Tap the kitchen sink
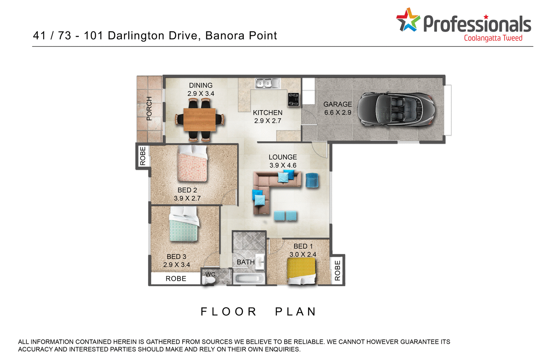(x=267, y=84)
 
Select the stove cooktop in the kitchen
(x=293, y=99)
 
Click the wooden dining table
(x=200, y=120)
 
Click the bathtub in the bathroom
(x=249, y=278)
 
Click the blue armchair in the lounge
(x=312, y=180)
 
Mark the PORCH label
(x=149, y=108)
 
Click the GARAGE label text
(x=337, y=104)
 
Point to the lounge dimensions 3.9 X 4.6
(x=283, y=166)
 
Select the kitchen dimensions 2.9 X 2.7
(x=267, y=121)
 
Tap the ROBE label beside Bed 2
(x=143, y=156)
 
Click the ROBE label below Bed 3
(x=176, y=279)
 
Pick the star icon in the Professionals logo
(x=408, y=20)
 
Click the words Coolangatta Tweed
(x=493, y=38)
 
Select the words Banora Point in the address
(x=241, y=36)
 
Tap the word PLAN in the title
(x=296, y=312)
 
